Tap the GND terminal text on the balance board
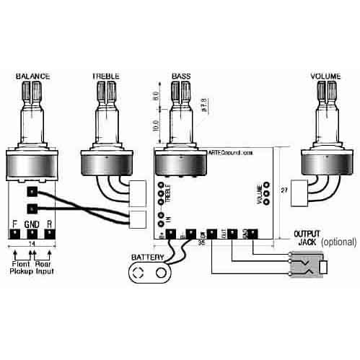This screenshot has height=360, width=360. tap(32, 224)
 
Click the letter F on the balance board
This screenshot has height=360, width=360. tap(14, 224)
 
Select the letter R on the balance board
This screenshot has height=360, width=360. tap(50, 224)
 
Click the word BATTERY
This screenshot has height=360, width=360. tap(147, 257)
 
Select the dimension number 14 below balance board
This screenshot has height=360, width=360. tap(31, 245)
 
